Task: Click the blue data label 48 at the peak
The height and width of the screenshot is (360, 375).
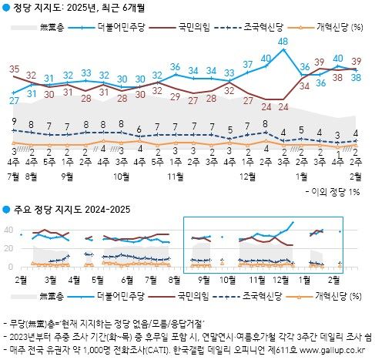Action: coord(283,41)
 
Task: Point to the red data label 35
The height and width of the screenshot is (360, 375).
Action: coord(15,69)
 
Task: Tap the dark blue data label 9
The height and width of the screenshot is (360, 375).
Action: coord(15,121)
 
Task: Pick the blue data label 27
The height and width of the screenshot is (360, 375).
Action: coord(15,101)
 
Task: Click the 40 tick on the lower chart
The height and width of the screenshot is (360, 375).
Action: coord(8,230)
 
